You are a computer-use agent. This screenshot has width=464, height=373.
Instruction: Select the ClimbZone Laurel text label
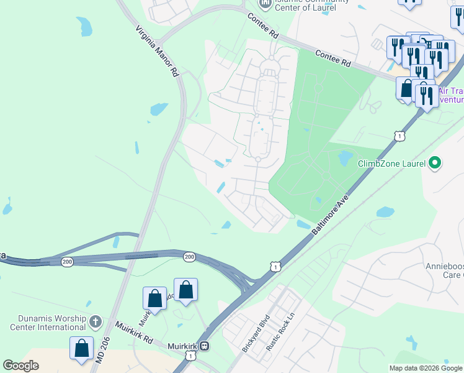pyautogui.click(x=391, y=164)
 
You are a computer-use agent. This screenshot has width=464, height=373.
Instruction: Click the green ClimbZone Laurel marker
pyautogui.click(x=435, y=163)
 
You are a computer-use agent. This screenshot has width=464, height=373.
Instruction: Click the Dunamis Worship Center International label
pyautogui.click(x=48, y=322)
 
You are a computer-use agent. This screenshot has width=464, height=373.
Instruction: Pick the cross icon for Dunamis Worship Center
pyautogui.click(x=95, y=321)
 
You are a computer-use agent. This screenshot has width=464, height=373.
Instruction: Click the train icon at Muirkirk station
pyautogui.click(x=204, y=346)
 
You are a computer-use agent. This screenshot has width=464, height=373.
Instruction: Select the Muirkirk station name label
pyautogui.click(x=182, y=346)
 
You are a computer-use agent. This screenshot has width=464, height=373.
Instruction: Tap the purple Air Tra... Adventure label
pyautogui.click(x=451, y=94)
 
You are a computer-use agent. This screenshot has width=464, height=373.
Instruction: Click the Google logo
pyautogui.click(x=21, y=366)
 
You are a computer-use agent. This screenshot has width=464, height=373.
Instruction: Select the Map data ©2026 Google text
pyautogui.click(x=426, y=368)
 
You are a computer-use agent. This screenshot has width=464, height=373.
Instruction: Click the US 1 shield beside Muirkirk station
pyautogui.click(x=190, y=356)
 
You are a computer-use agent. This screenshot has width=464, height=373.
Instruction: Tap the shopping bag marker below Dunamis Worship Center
pyautogui.click(x=82, y=351)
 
